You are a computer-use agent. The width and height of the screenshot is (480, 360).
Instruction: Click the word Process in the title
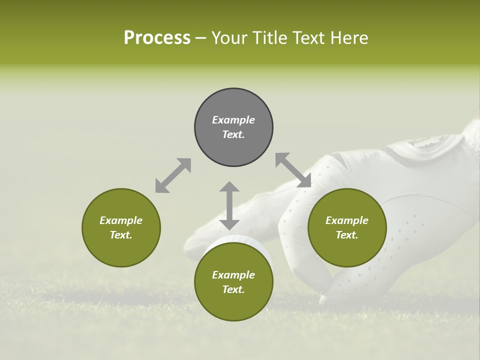pyautogui.click(x=157, y=38)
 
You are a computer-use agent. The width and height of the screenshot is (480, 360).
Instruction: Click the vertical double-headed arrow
pyautogui.click(x=229, y=205)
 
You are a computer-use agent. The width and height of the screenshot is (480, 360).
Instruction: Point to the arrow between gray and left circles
pyautogui.click(x=173, y=175)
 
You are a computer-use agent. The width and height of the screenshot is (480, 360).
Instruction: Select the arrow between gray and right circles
pyautogui.click(x=293, y=170)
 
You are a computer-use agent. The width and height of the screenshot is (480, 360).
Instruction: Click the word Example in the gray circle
pyautogui.click(x=233, y=120)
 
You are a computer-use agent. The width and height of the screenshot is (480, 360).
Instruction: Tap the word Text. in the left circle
pyautogui.click(x=121, y=235)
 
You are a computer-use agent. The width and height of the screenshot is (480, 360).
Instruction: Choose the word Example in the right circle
pyautogui.click(x=347, y=220)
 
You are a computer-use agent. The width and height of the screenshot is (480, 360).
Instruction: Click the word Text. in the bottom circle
pyautogui.click(x=233, y=289)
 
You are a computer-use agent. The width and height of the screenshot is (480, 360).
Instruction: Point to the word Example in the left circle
pyautogui.click(x=121, y=220)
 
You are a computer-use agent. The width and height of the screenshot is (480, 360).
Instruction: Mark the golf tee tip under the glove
pyautogui.click(x=323, y=299)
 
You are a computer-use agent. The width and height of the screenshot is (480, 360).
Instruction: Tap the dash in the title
pyautogui.click(x=201, y=38)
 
